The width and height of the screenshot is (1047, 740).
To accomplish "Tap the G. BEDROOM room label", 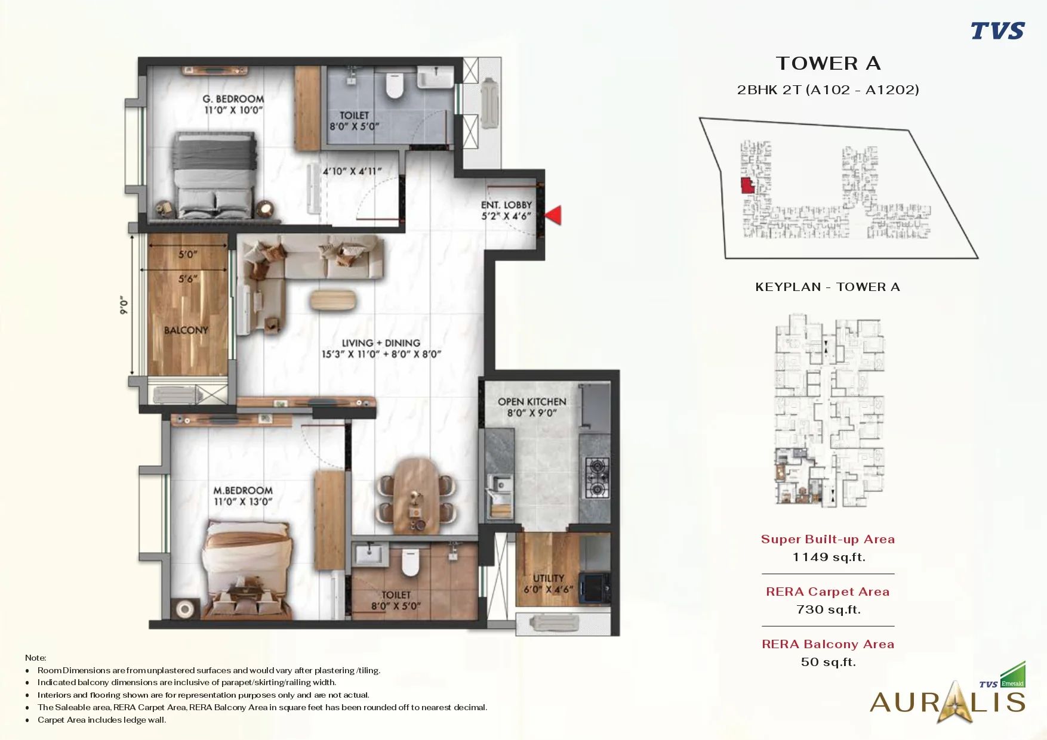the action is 233,99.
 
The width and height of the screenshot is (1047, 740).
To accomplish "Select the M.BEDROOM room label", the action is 243,491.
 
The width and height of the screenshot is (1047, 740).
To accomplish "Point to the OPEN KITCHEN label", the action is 532,402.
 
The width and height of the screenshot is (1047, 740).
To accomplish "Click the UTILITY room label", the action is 549,578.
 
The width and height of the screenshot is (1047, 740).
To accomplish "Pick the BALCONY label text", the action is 186,330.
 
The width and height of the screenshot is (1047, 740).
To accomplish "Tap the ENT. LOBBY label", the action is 506,205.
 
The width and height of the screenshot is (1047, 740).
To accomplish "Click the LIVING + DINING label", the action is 381,343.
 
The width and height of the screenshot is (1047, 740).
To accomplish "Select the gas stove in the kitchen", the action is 597,478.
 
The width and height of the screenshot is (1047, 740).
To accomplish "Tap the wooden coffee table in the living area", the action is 333,299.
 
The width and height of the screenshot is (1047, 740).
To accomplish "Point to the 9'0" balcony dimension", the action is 124,305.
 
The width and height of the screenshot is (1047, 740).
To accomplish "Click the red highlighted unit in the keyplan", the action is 747,185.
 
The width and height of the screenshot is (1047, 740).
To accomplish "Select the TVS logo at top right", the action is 997,30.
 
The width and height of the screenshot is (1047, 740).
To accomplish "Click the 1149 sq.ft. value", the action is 829,557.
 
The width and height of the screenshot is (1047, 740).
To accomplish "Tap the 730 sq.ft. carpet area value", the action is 829,609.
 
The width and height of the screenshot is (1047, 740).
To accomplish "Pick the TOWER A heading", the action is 828,63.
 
